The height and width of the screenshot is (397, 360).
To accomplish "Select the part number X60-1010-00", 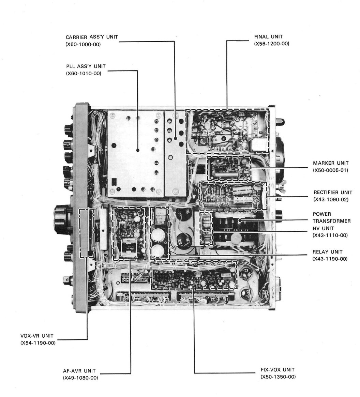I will coord(84,73).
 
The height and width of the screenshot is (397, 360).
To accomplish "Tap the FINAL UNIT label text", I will coord(268,37).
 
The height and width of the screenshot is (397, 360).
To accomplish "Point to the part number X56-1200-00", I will coord(272,44).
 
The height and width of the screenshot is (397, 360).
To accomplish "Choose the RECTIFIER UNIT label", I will coord(332,193).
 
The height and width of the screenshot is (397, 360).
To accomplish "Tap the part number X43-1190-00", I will coord(330,259).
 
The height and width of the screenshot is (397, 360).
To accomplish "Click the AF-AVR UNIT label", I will coord(79,371).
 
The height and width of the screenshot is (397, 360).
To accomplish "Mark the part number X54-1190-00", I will coord(38,343).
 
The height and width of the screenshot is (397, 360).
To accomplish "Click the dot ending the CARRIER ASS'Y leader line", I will coord(175,139).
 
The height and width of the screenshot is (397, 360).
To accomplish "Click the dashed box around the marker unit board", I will coord(229,168).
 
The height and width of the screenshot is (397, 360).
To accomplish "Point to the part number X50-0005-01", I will coord(330,170).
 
